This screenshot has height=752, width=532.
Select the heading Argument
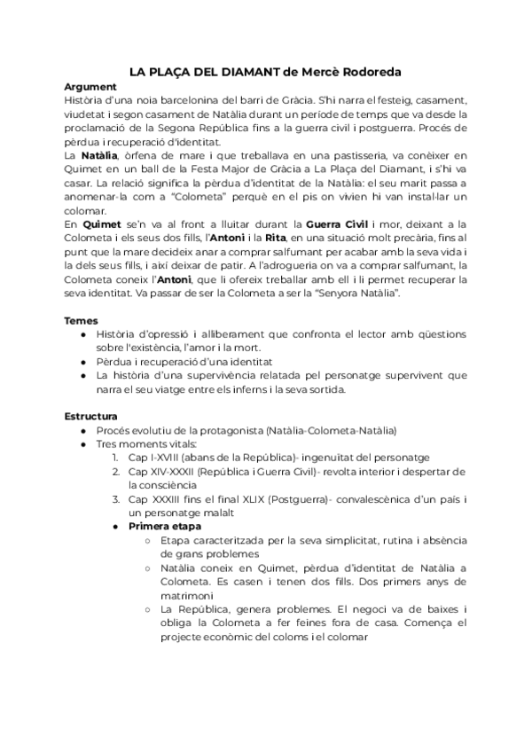point(90,87)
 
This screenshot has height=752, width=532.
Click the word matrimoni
point(189,593)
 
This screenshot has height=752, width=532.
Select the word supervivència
point(197,374)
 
